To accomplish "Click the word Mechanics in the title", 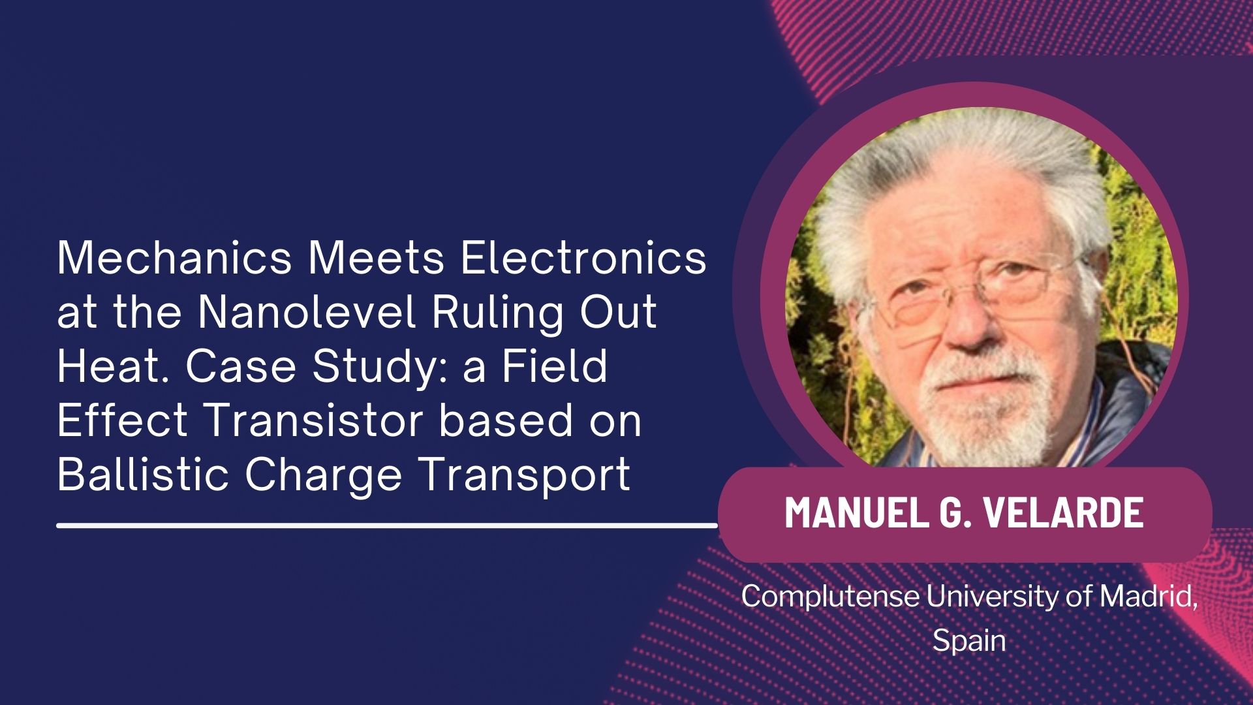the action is (174, 257).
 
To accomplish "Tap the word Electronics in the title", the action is (583, 257).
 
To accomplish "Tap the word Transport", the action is (525, 476).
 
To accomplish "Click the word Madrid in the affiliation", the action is (1149, 596).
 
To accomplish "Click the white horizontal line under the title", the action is (387, 524).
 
